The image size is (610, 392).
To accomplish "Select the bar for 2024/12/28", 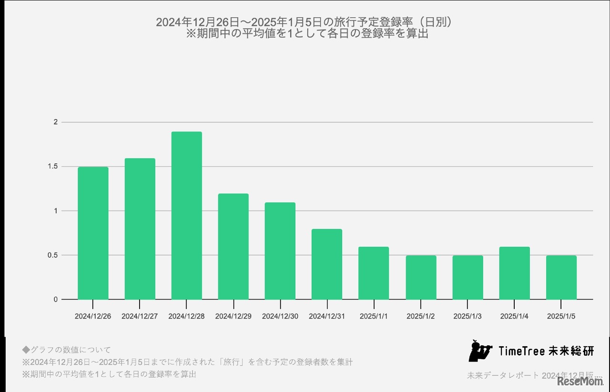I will pyautogui.click(x=186, y=216).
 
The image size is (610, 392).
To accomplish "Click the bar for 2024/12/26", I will pyautogui.click(x=93, y=233).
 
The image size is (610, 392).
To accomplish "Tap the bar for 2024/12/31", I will pyautogui.click(x=326, y=264).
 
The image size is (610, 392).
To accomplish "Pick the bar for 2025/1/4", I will pyautogui.click(x=514, y=273).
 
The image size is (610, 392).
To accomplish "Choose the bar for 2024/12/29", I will pyautogui.click(x=233, y=247).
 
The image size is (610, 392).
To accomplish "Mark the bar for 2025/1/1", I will pyautogui.click(x=373, y=273).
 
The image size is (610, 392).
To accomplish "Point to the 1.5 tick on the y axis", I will pyautogui.click(x=52, y=167).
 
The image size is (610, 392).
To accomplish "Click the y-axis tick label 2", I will pyautogui.click(x=55, y=122).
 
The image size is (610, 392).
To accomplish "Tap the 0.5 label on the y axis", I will pyautogui.click(x=52, y=255).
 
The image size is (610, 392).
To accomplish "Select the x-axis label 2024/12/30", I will pyautogui.click(x=280, y=316).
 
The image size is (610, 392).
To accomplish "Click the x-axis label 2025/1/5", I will pyautogui.click(x=561, y=316).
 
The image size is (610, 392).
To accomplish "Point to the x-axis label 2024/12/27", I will pyautogui.click(x=140, y=316).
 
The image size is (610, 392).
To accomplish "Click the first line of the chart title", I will pyautogui.click(x=304, y=22).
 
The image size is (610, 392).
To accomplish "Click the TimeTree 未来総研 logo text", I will pyautogui.click(x=546, y=352).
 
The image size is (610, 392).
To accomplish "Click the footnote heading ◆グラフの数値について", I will pyautogui.click(x=66, y=350).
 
